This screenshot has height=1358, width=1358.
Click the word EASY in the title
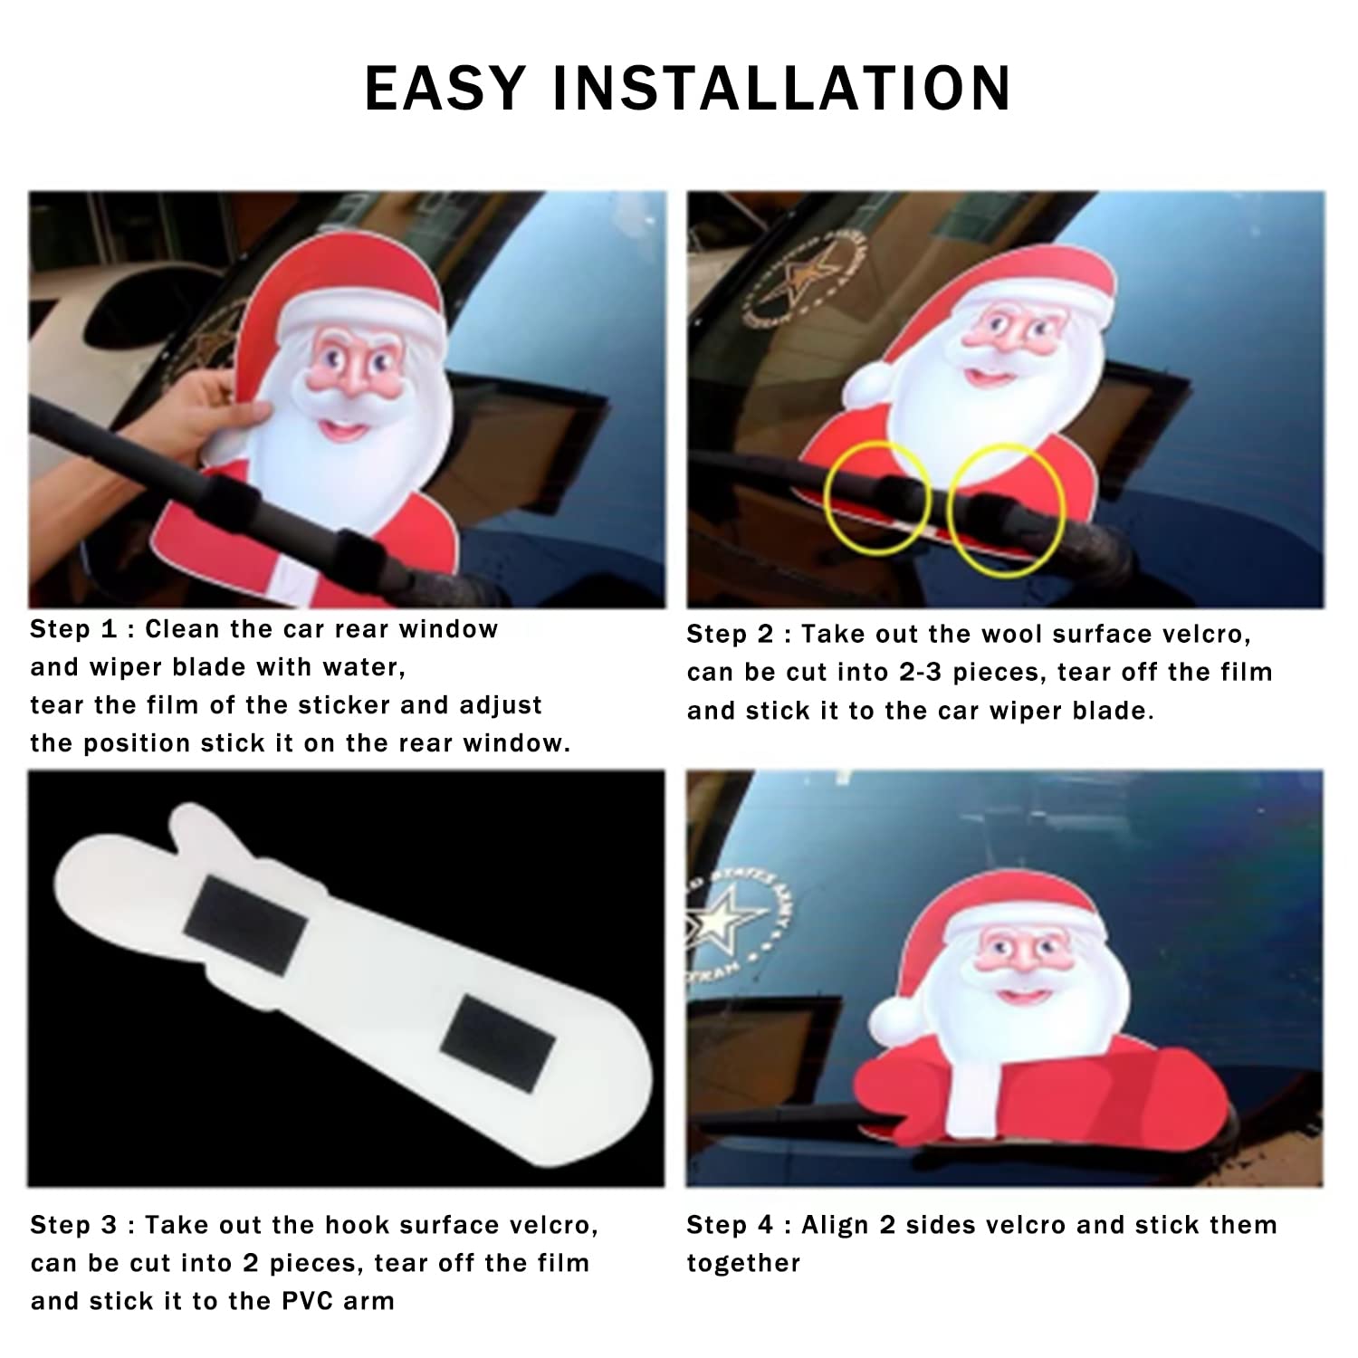click(x=445, y=88)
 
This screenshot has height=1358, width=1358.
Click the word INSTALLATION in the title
click(x=780, y=88)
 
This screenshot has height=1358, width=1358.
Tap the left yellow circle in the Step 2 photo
click(x=877, y=500)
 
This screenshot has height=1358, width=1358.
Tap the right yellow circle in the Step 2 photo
click(x=1006, y=510)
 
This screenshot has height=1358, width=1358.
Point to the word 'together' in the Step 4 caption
click(x=743, y=1264)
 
